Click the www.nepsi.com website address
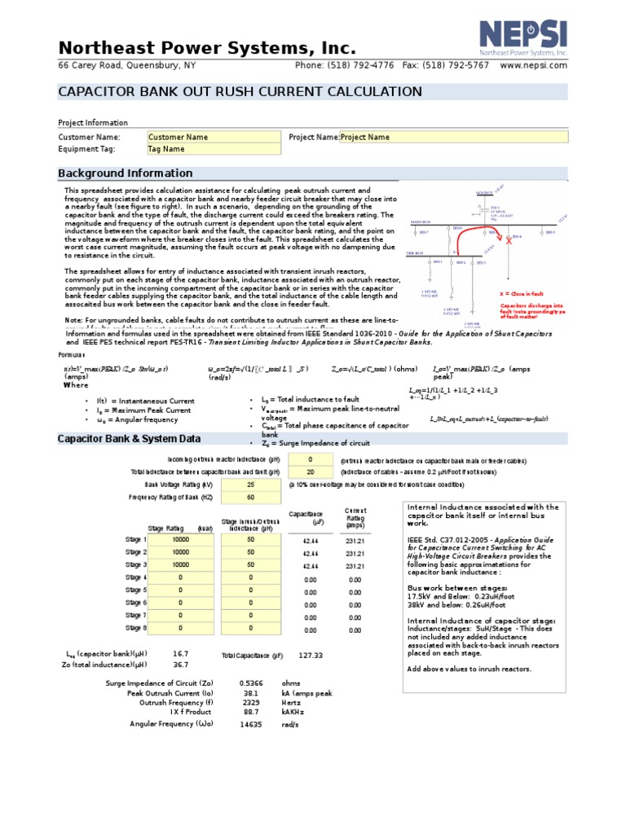coord(534,65)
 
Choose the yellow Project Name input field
coord(452,138)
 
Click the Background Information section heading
coord(126,173)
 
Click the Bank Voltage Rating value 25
coord(249,484)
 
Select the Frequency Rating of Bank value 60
coord(249,497)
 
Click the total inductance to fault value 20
coord(310,472)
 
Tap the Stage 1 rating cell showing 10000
coord(180,540)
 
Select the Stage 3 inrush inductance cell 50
coord(250,564)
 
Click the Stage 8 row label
coord(135,628)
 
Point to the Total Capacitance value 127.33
coord(311,656)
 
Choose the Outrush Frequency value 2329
coord(250,702)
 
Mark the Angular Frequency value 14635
coord(250,724)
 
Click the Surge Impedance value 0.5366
coord(250,683)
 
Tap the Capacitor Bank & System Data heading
coord(129,439)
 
